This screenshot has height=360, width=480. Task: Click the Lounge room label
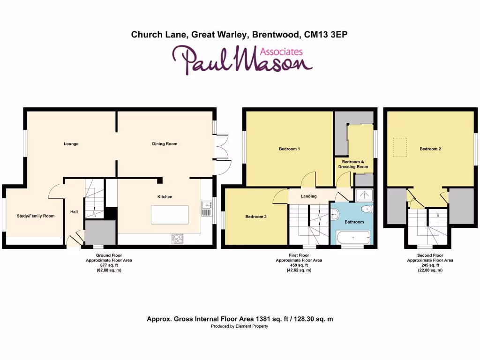[x=71, y=144]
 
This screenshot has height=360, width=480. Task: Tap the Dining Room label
[x=165, y=144]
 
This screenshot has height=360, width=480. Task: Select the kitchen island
[x=169, y=214]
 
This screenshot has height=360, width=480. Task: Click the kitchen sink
[x=206, y=209]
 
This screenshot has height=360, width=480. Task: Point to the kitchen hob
[x=178, y=239]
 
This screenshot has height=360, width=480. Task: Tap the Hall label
[x=74, y=212]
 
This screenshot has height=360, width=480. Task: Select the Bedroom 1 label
[x=289, y=149]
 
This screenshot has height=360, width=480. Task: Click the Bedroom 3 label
[x=256, y=217]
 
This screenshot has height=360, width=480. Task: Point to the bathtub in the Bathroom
[x=352, y=238]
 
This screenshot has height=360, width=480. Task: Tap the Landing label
[x=308, y=196]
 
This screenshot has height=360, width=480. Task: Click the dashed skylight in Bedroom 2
[x=400, y=147]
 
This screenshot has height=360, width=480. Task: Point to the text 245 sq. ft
[x=430, y=265]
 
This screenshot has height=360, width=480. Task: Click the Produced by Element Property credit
[x=240, y=326]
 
